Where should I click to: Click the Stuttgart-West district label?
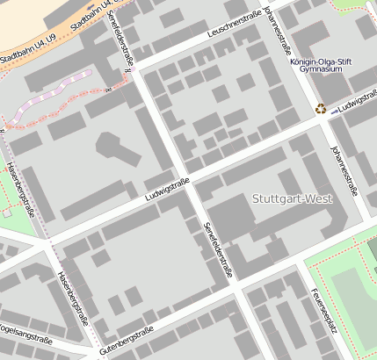click(x=292, y=198)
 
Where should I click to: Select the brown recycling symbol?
click(x=321, y=109)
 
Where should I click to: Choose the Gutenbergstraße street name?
click(x=127, y=341)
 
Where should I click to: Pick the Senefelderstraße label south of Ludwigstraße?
click(x=218, y=249)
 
